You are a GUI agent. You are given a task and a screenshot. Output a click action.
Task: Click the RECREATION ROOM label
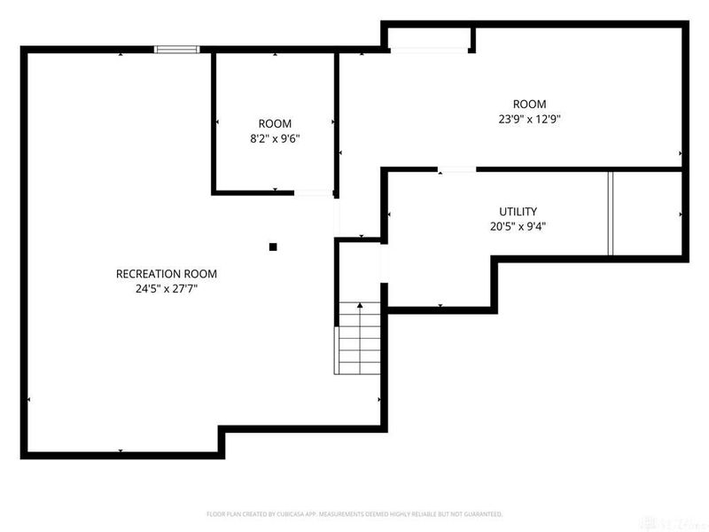pyautogui.click(x=167, y=273)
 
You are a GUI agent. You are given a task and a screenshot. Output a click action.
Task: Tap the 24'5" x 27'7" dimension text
pyautogui.click(x=167, y=287)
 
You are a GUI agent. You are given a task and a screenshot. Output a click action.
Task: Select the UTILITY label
pyautogui.click(x=518, y=211)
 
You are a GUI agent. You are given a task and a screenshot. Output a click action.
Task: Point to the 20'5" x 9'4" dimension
pyautogui.click(x=518, y=225)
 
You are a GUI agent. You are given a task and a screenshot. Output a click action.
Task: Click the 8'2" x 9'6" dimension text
pyautogui.click(x=274, y=137)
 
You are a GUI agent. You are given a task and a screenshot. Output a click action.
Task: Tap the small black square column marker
pyautogui.click(x=274, y=246)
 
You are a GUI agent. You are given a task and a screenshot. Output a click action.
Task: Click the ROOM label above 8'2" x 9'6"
pyautogui.click(x=274, y=123)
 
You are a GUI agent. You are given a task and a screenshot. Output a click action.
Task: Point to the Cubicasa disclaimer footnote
pyautogui.click(x=354, y=513)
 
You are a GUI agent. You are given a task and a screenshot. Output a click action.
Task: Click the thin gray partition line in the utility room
pyautogui.click(x=610, y=213)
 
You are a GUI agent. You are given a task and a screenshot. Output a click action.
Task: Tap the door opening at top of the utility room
pyautogui.click(x=456, y=168)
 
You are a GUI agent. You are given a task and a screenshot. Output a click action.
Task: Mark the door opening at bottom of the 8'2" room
pyautogui.click(x=313, y=192)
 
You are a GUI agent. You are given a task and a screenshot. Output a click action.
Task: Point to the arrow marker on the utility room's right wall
pyautogui.click(x=681, y=215)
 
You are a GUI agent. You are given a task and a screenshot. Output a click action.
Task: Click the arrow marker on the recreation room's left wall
pyautogui.click(x=29, y=400)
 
